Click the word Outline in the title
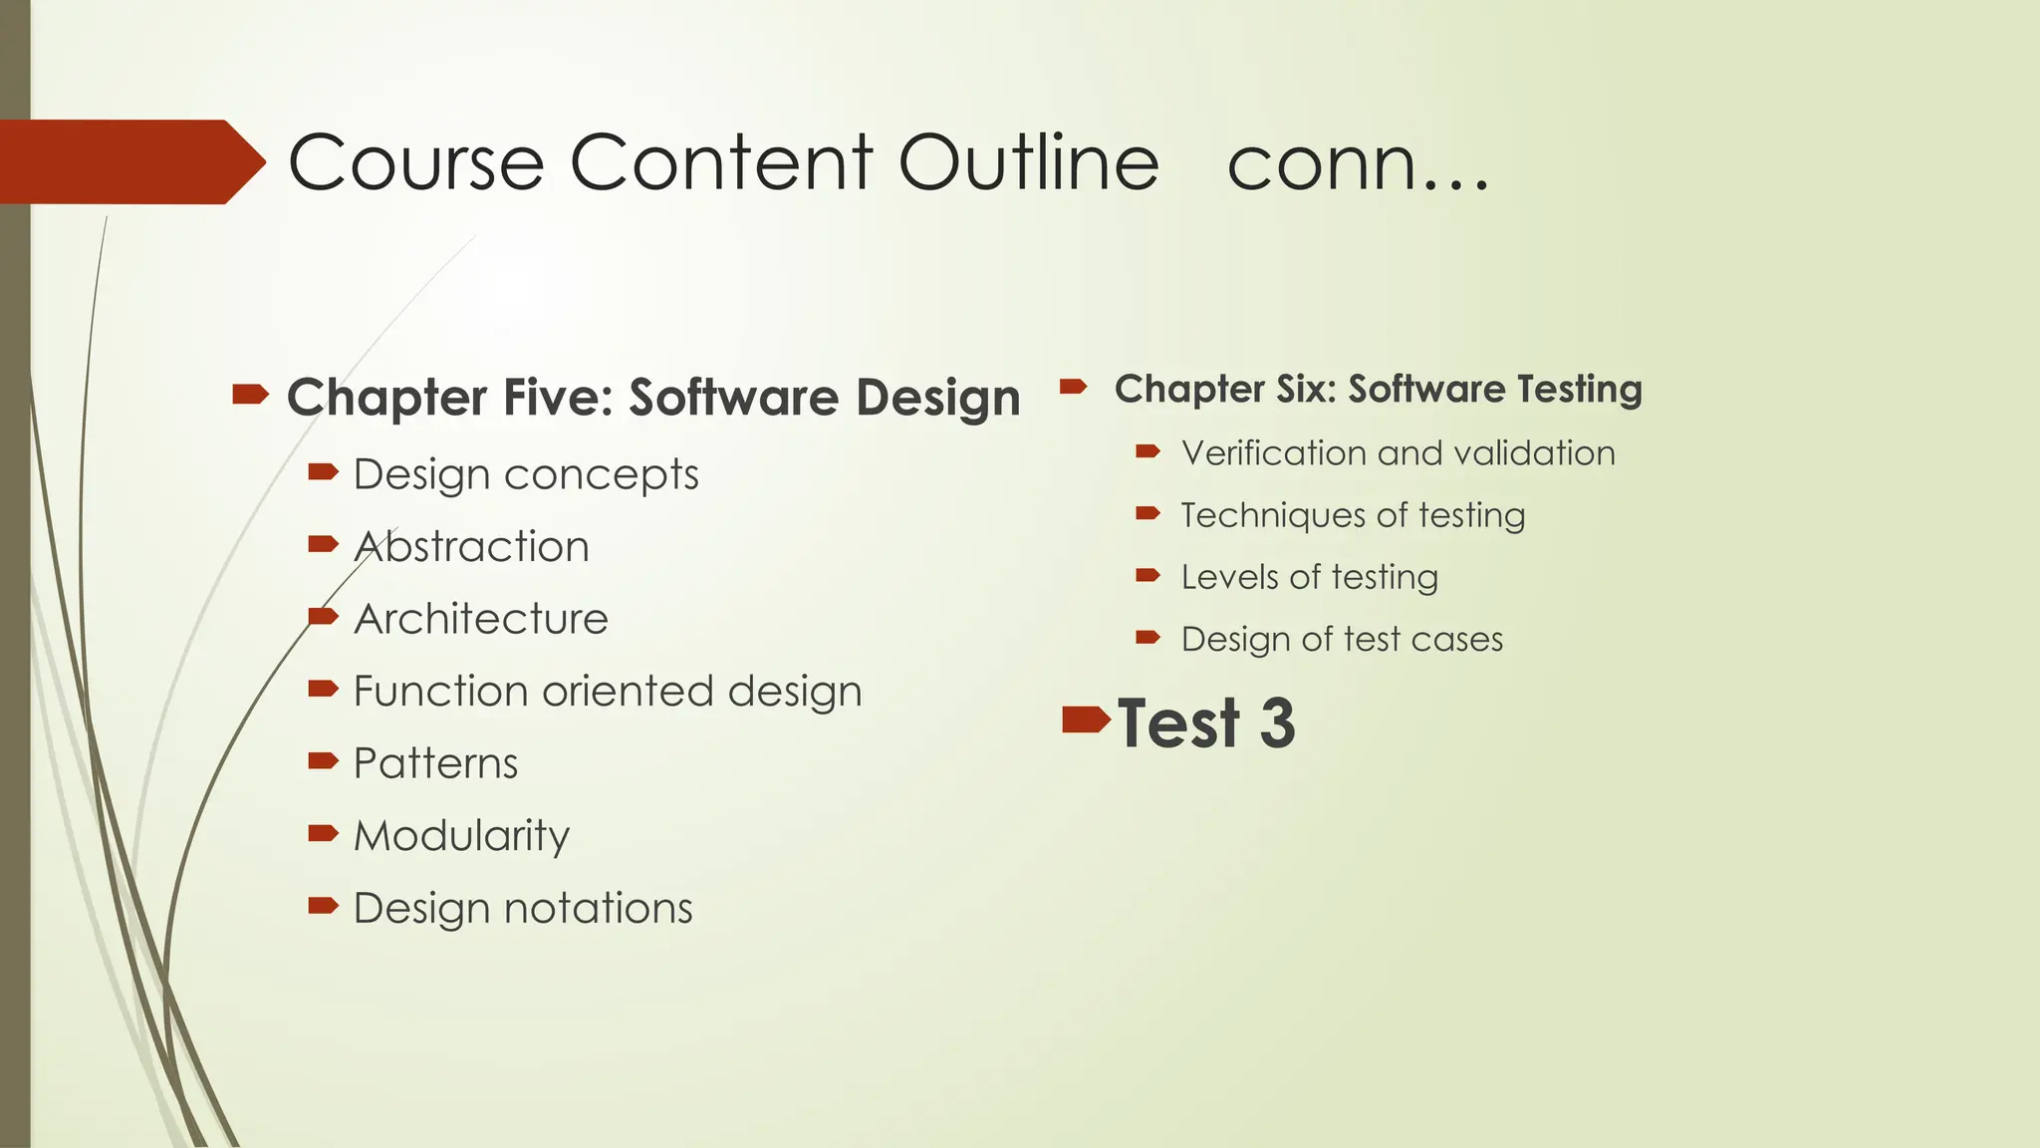point(1028,162)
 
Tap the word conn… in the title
point(1357,164)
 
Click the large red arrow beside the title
point(129,161)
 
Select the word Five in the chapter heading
point(558,397)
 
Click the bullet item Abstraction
point(471,547)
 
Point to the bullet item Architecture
point(480,619)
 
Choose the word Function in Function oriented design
point(433,692)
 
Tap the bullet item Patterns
point(435,764)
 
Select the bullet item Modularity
point(461,836)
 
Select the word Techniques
point(1258,515)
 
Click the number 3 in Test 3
point(1277,723)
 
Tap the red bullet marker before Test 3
point(1086,718)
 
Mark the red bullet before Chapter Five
point(250,395)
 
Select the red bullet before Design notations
point(324,905)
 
